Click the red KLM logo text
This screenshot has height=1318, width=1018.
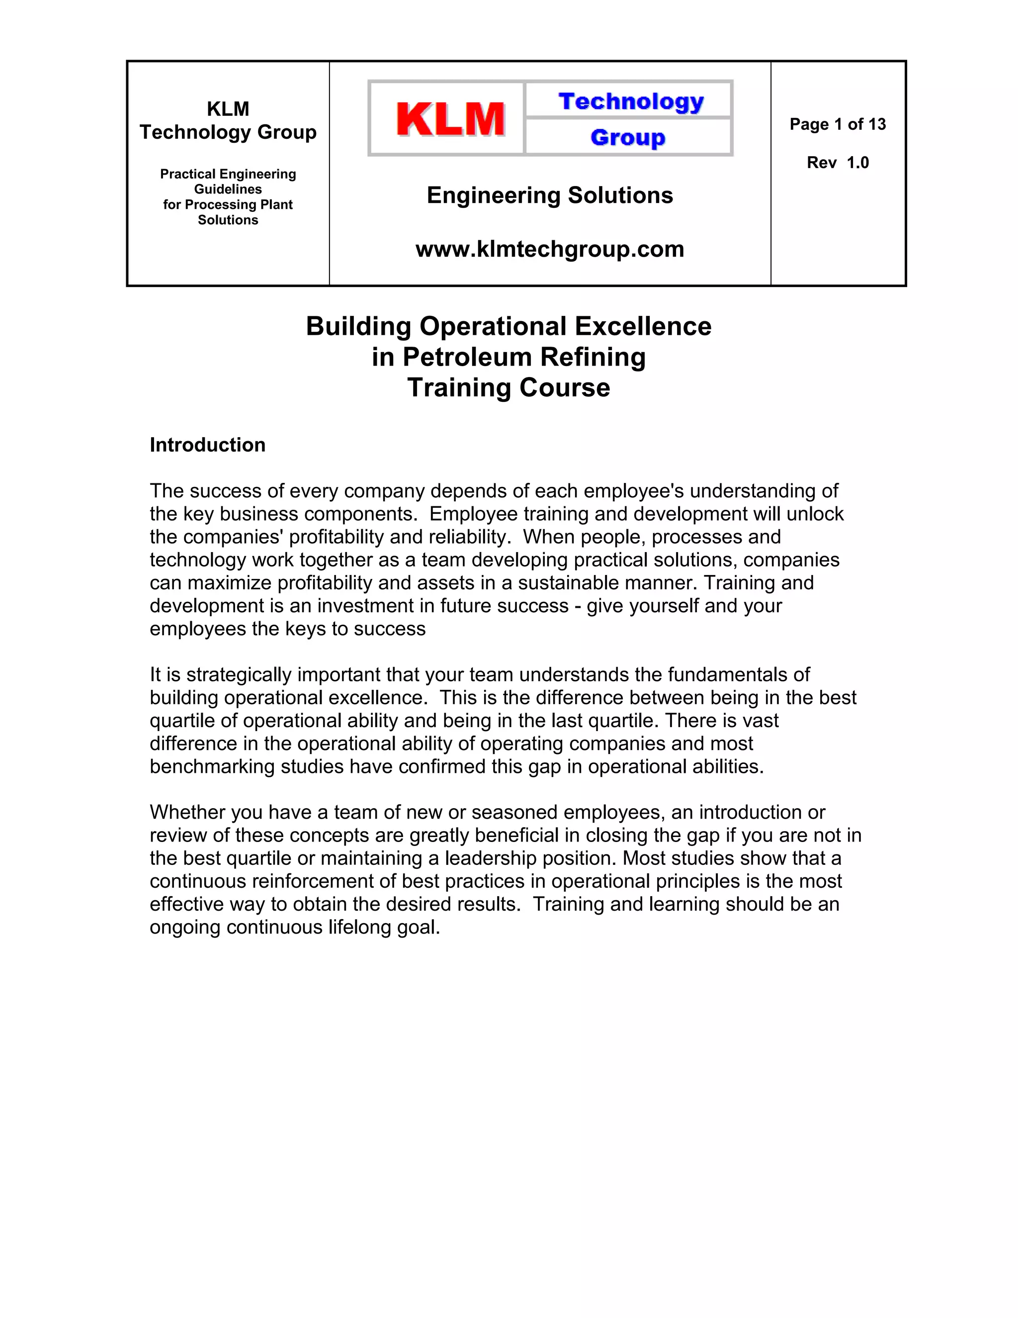tap(450, 119)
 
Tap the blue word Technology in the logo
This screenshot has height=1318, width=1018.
tap(631, 101)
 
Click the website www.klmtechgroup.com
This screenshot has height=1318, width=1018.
tap(549, 249)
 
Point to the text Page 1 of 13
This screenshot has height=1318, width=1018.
tap(837, 124)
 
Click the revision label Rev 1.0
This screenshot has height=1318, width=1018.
tap(837, 162)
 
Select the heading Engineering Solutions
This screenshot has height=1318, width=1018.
tap(549, 195)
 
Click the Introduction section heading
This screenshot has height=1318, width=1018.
tap(207, 445)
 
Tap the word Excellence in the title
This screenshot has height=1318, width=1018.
tap(643, 326)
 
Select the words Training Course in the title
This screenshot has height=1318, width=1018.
tap(509, 387)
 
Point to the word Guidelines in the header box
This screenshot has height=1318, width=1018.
tap(228, 189)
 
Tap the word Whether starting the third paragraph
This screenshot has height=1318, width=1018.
tap(187, 812)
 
